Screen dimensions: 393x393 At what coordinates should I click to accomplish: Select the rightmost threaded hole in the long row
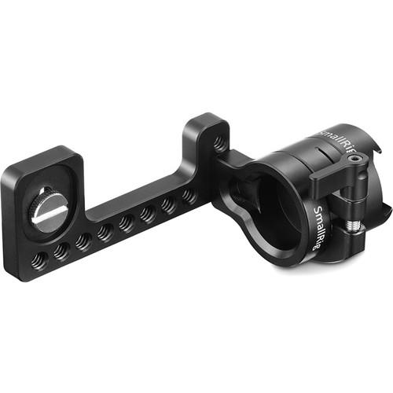(x=189, y=196)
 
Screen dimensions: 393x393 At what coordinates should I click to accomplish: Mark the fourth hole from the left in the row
(x=105, y=233)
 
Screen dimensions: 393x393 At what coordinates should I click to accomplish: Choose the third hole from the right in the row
(x=148, y=214)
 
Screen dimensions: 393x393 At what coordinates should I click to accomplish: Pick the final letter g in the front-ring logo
(x=326, y=244)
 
